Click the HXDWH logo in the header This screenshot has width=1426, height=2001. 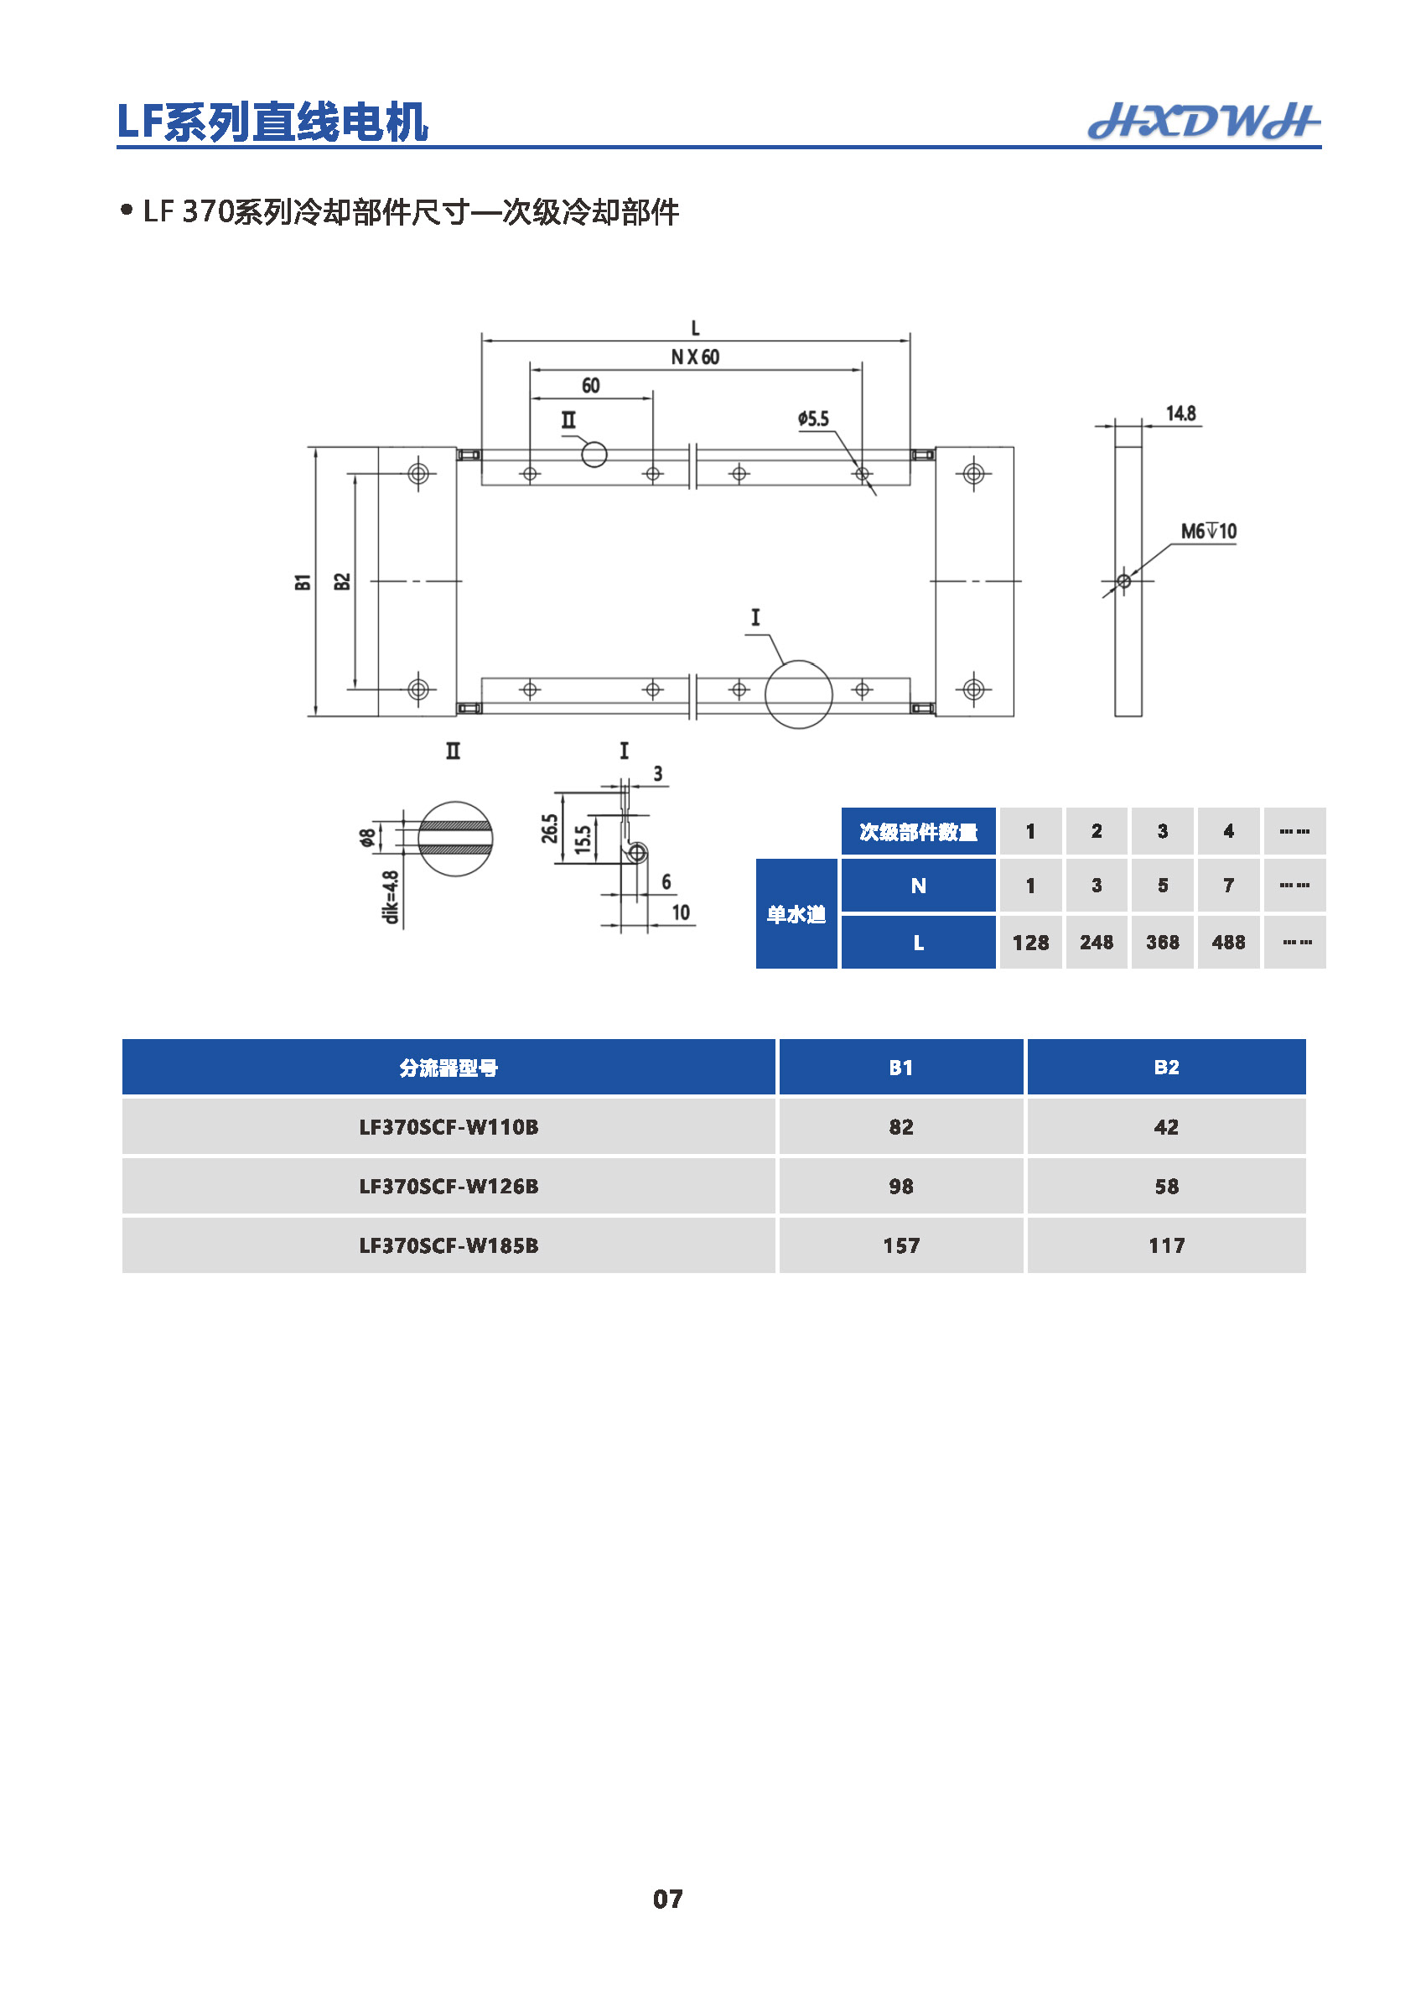point(1203,122)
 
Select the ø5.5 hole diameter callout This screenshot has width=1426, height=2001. point(813,419)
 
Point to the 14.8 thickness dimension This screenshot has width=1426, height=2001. point(1180,413)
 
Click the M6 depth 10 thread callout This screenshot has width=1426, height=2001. point(1208,531)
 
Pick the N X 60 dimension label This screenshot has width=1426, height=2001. point(695,356)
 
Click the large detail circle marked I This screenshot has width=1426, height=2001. point(798,694)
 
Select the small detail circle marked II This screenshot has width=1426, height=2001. point(594,455)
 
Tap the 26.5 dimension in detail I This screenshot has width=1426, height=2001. point(550,829)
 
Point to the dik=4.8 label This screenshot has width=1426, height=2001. point(391,897)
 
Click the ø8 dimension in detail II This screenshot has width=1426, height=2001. point(367,837)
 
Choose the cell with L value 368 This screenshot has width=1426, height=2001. point(1162,943)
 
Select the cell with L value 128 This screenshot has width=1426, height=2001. point(1030,943)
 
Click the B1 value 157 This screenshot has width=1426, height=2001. point(901,1245)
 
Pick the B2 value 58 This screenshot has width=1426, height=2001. point(1166,1186)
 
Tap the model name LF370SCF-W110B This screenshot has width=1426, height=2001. point(449,1127)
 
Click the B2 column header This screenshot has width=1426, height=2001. point(1166,1068)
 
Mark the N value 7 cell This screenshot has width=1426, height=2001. point(1227,886)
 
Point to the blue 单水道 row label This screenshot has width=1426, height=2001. point(796,914)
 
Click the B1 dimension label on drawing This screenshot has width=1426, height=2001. point(303,581)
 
